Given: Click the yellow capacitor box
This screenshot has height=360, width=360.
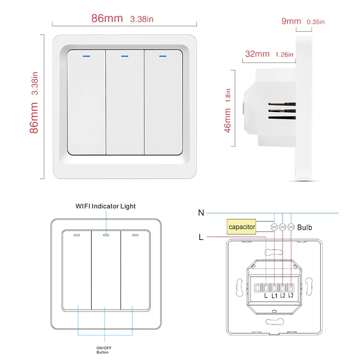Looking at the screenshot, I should click(242, 227).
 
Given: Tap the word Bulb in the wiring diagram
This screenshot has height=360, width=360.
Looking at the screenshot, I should click(305, 228).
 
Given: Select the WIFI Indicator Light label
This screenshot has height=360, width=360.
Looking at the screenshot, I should click(105, 206).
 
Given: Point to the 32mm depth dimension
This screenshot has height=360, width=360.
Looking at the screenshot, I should click(257, 54).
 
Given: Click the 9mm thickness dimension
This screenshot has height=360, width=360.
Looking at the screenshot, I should click(291, 21).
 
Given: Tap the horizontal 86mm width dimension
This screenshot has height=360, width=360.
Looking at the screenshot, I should click(107, 19).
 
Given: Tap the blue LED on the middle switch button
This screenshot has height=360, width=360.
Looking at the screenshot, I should click(125, 57).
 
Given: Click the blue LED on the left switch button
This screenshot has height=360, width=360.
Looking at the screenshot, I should click(86, 57).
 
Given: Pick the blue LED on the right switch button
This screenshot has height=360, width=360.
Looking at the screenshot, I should click(162, 57).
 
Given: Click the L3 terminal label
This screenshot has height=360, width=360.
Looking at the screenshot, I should click(291, 295).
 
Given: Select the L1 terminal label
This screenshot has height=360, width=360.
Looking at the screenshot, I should click(274, 295).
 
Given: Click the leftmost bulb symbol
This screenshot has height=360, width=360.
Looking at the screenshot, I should click(274, 228).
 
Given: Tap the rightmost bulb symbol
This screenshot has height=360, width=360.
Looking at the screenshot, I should click(291, 228).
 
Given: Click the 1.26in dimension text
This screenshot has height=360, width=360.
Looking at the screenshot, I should click(284, 54).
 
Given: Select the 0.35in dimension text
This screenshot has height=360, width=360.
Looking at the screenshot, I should click(316, 21).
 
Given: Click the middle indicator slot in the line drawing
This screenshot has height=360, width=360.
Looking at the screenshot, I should click(105, 235).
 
